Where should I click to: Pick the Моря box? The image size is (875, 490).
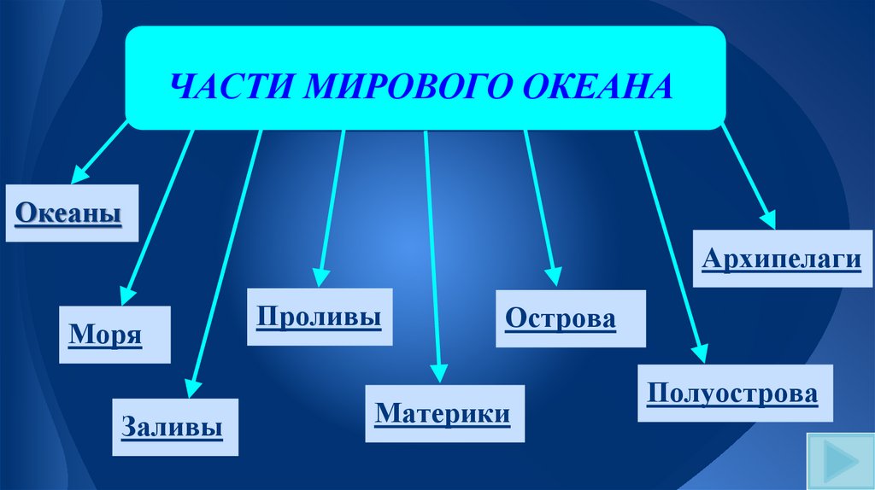pyautogui.click(x=104, y=334)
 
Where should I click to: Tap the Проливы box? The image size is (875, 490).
pyautogui.click(x=319, y=317)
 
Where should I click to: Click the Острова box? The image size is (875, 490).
pyautogui.click(x=560, y=318)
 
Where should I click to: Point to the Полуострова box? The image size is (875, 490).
pyautogui.click(x=733, y=394)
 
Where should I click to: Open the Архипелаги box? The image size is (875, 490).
pyautogui.click(x=781, y=258)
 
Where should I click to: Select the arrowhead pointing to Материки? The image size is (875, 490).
pyautogui.click(x=439, y=371)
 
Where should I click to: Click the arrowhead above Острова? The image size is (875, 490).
pyautogui.click(x=555, y=275)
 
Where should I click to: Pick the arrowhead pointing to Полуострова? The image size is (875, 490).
pyautogui.click(x=700, y=352)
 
